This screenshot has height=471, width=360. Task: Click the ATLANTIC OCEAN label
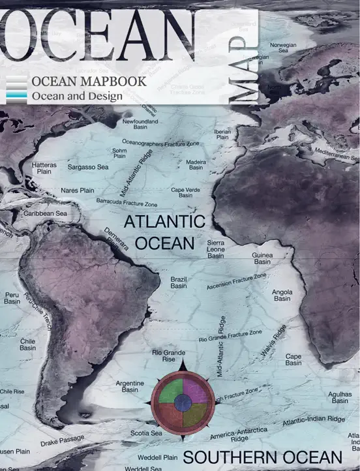point(164,232)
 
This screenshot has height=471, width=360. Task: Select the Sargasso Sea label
point(88,168)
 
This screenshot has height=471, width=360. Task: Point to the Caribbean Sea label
point(45,213)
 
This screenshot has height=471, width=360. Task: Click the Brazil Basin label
point(179,282)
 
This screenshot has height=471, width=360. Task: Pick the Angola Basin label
point(282,296)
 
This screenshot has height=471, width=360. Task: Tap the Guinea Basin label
point(262,258)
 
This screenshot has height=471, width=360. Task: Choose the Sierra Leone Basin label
point(216,249)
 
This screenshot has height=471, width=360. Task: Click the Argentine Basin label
point(130,386)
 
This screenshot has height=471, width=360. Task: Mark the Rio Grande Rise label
point(164,356)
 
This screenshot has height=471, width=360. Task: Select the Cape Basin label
point(293,359)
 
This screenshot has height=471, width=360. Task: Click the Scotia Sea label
point(146,433)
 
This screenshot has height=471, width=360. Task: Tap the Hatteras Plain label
point(44,169)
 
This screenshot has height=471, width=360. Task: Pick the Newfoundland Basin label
point(140,125)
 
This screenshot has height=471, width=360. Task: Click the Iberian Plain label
point(222,134)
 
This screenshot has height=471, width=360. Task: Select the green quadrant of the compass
point(171,393)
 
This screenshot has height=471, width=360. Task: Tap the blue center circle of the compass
point(183,404)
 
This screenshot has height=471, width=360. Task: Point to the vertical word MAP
point(244,68)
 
